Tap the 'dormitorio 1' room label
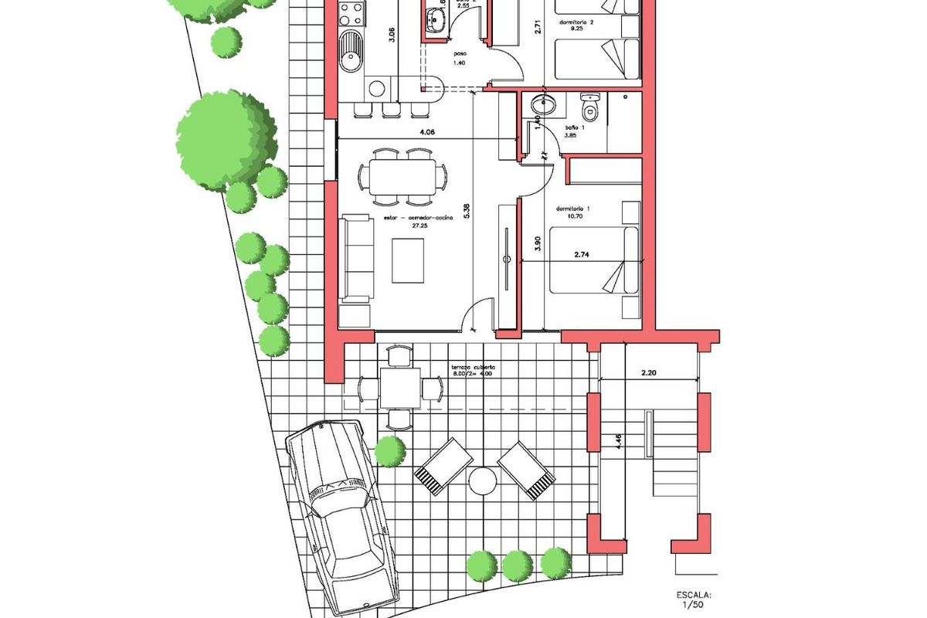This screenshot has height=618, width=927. click(x=572, y=209)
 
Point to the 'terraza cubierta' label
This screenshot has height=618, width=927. click(x=473, y=367)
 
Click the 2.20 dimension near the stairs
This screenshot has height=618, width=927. click(x=648, y=373)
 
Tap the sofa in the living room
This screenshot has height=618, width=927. click(x=357, y=258)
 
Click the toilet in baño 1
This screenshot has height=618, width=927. click(x=591, y=109)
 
